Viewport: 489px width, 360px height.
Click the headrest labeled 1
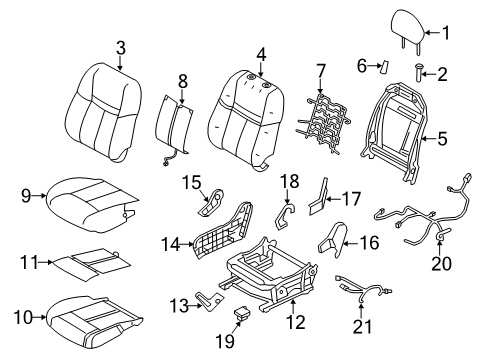click(407, 27)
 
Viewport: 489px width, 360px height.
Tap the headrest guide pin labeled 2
click(419, 72)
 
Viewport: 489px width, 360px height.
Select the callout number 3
click(121, 48)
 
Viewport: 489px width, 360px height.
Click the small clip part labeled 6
click(384, 67)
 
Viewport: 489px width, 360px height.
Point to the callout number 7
click(320, 71)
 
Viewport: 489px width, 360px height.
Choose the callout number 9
click(26, 196)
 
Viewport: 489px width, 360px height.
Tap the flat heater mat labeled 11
click(92, 264)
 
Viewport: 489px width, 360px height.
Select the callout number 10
click(23, 317)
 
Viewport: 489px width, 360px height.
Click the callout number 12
click(295, 322)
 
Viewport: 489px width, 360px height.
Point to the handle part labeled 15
click(212, 203)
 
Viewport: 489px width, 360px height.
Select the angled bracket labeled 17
click(319, 200)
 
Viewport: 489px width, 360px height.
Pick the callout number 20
click(441, 263)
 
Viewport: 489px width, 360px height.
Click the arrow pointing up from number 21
click(362, 307)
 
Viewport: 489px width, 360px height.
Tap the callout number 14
click(171, 245)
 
